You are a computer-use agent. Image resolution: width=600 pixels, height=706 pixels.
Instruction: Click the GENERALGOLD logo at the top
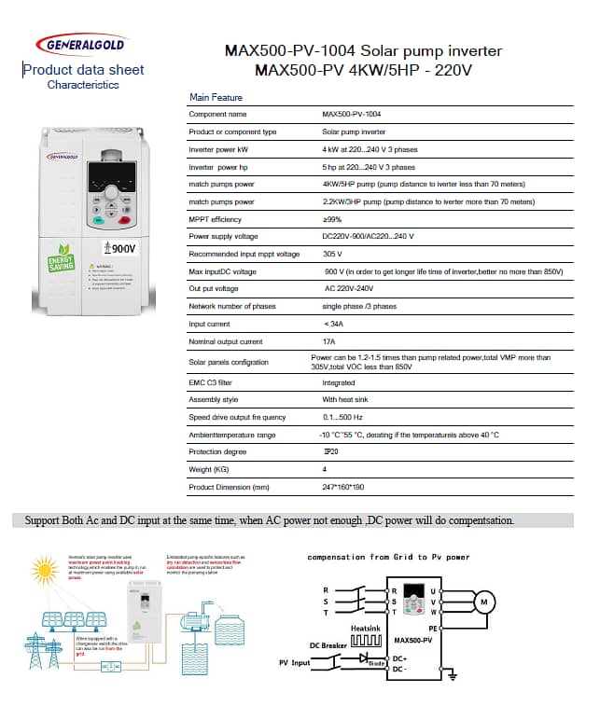80,43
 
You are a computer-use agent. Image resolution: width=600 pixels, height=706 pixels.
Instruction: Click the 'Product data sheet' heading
83,69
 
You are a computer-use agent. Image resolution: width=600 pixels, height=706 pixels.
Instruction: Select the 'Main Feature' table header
216,97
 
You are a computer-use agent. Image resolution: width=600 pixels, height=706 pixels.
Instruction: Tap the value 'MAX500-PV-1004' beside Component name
352,114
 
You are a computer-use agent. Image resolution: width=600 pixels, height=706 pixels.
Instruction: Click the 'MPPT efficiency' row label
216,219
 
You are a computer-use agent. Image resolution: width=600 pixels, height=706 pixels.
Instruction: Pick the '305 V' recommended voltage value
332,254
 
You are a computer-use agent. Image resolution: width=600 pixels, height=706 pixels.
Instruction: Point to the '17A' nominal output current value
328,342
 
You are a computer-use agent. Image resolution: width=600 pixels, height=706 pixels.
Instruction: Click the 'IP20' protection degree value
329,451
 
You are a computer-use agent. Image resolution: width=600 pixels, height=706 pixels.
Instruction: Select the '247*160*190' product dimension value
343,487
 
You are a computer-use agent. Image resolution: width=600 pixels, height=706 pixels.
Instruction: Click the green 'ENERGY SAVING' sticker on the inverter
61,258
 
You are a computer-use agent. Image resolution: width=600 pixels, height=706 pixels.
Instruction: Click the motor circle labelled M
482,602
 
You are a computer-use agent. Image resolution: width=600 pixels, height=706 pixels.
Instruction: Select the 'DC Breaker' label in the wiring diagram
328,645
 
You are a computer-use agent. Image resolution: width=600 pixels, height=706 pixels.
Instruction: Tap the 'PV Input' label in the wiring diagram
295,663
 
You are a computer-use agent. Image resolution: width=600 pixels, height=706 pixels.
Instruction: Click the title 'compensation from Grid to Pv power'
389,557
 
